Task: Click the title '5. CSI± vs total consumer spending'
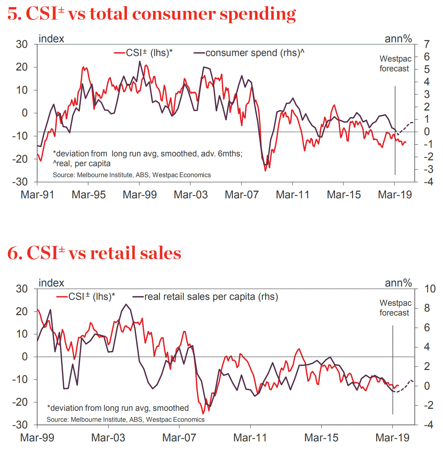coord(152,14)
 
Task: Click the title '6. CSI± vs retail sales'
coord(94,253)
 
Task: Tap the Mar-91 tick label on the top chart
coord(37,195)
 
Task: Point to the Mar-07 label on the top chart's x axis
coord(242,195)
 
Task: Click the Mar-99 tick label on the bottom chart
coord(37,438)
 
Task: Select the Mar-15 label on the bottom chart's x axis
coord(321,438)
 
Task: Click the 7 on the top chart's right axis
coord(427,44)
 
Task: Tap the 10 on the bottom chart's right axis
coord(430,289)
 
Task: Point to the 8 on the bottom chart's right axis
coord(427,308)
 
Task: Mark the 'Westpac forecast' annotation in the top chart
coord(395,64)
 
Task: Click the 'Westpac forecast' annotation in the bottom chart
coord(395,308)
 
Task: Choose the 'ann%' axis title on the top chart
coord(398,39)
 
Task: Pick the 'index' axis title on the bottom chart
coord(51,283)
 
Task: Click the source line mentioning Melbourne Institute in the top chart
coord(132,175)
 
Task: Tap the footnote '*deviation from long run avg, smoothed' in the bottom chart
coord(118,408)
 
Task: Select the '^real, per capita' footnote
coord(82,163)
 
